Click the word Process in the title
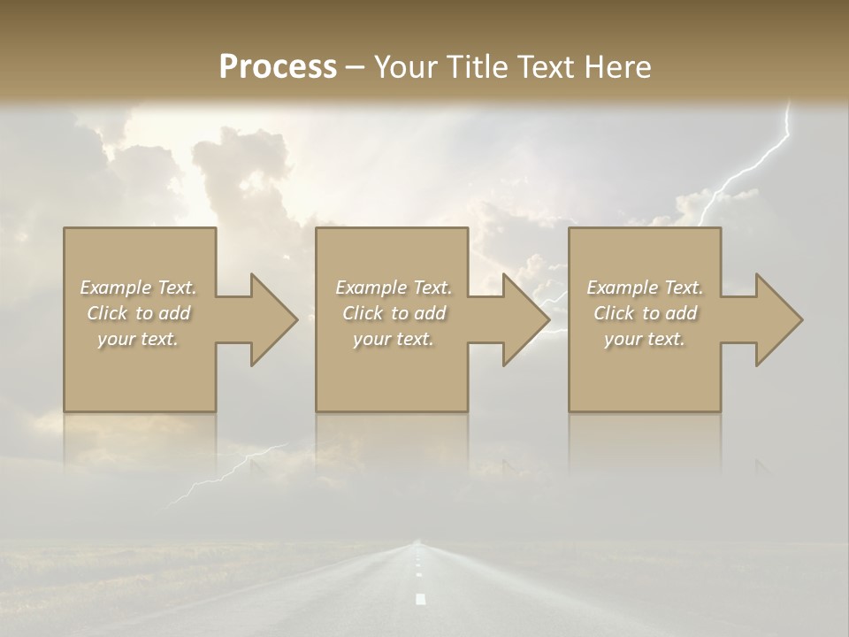tap(278, 67)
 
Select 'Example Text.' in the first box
tap(138, 288)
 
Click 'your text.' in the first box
tap(138, 339)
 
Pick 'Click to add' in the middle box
tap(394, 313)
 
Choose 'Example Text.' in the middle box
tap(394, 288)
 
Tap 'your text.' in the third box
tap(645, 339)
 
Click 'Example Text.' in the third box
tap(645, 288)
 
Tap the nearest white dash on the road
tap(420, 599)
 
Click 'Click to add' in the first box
tap(138, 313)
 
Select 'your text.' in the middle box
tap(394, 339)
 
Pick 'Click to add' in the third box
tap(645, 313)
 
